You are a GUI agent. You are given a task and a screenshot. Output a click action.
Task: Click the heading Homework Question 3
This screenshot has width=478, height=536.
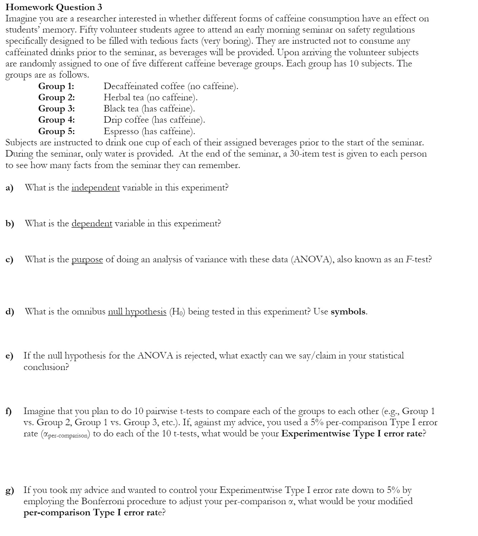54,7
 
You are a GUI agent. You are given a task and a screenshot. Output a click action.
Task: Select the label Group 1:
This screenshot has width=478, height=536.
56,86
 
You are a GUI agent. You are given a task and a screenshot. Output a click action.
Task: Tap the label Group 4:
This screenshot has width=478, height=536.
57,120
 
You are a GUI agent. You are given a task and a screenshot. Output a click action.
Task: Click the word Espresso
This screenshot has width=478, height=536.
121,131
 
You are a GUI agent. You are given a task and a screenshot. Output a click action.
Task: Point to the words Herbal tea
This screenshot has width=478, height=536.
124,98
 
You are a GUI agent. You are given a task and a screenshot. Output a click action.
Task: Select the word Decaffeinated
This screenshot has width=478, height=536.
131,86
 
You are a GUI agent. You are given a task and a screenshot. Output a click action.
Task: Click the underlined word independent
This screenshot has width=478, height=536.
96,188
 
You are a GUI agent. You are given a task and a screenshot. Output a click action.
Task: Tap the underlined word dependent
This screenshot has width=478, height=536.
92,224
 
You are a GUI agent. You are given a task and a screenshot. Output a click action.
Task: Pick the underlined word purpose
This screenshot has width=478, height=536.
87,260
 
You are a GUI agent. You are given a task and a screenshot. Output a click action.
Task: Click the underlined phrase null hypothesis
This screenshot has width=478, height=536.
137,312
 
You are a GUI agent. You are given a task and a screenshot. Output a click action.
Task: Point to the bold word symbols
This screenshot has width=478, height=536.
348,312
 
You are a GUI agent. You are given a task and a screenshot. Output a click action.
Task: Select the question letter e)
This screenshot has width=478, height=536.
9,356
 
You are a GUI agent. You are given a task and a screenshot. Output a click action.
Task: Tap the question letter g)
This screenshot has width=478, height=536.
9,490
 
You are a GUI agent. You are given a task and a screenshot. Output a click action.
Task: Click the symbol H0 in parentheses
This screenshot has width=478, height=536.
176,312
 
